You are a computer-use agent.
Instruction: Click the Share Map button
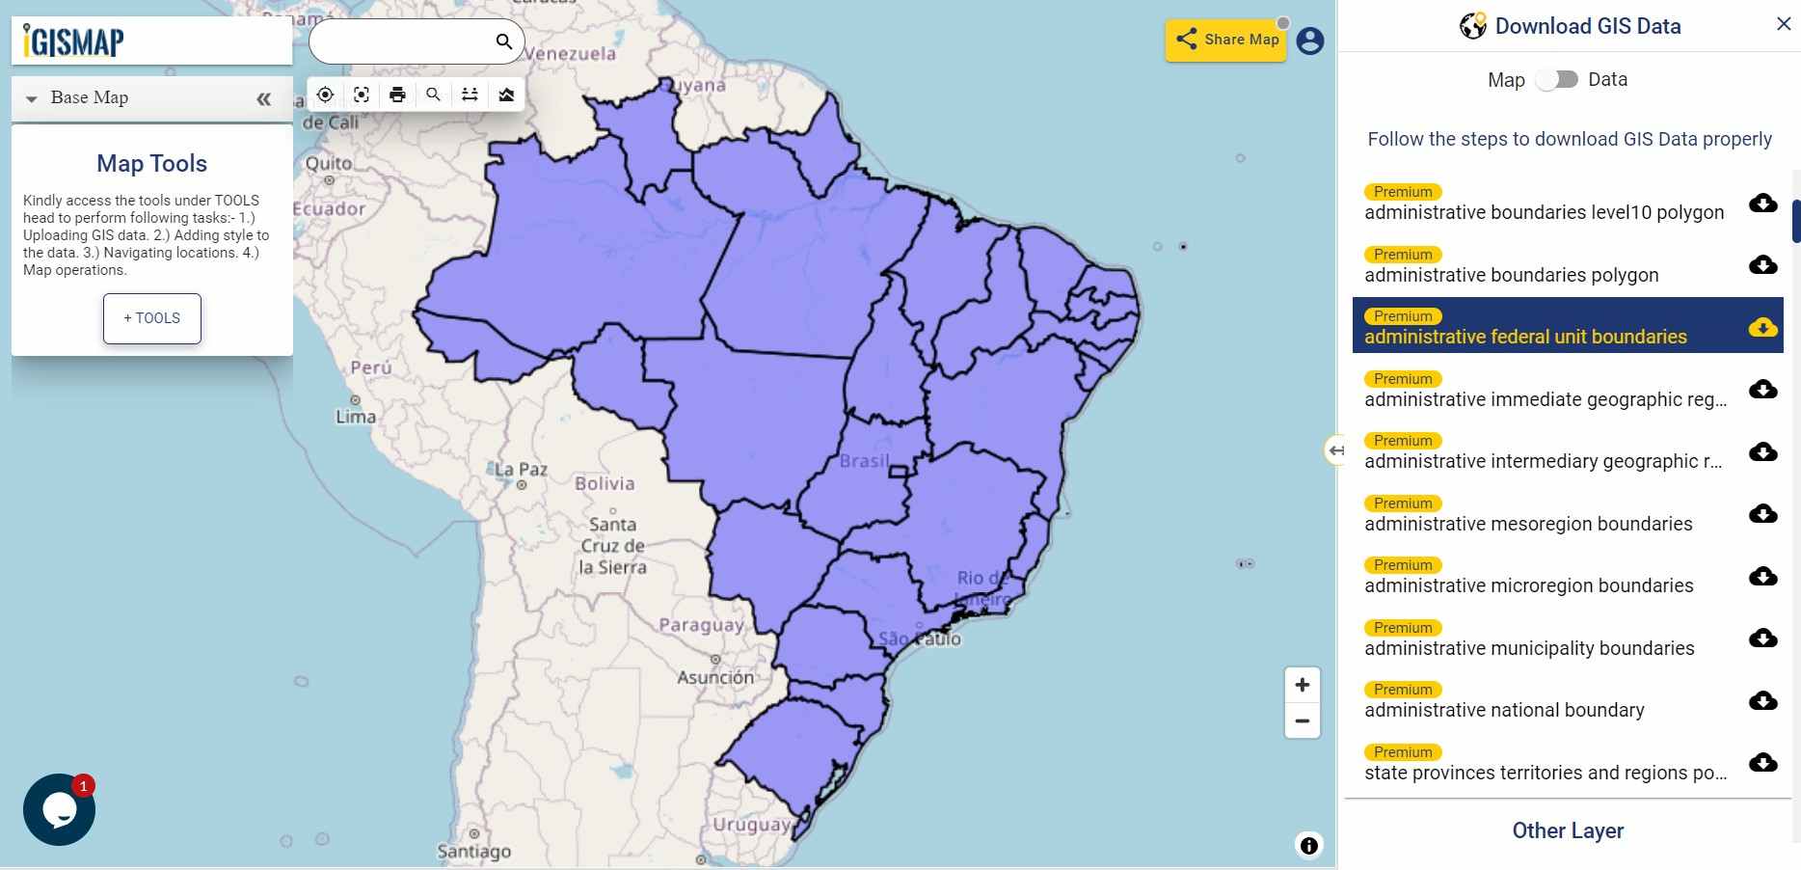[1226, 40]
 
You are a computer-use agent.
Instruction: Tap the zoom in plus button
[1302, 685]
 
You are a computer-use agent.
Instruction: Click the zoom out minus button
[1302, 720]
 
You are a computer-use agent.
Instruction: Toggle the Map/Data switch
[1556, 79]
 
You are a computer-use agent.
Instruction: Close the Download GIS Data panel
[1783, 24]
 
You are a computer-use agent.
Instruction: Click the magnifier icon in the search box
[503, 41]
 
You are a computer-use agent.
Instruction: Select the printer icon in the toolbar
[397, 95]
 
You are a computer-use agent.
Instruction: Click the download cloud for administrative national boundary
[1762, 700]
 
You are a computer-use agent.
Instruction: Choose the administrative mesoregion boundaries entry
[1528, 524]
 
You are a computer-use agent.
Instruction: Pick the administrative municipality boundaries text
[1529, 648]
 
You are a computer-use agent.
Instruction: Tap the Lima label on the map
[356, 417]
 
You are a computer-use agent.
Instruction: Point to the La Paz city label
[521, 470]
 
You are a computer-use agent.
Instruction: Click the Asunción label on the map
[715, 677]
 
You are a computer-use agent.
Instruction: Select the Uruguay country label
[751, 825]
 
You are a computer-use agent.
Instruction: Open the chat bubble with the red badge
[59, 810]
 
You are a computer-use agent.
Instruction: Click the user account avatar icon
[1309, 41]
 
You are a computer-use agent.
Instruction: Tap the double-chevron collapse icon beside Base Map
[263, 98]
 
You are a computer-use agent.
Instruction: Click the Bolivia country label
[605, 483]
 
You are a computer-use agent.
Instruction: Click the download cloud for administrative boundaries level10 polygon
[1762, 203]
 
